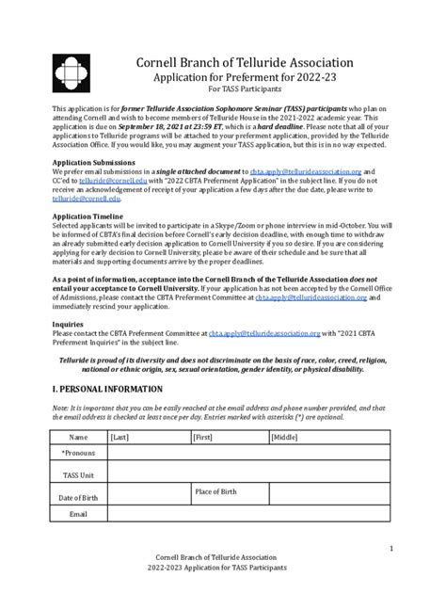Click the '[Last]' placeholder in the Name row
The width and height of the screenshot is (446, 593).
120,438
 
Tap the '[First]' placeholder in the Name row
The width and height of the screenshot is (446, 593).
203,438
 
